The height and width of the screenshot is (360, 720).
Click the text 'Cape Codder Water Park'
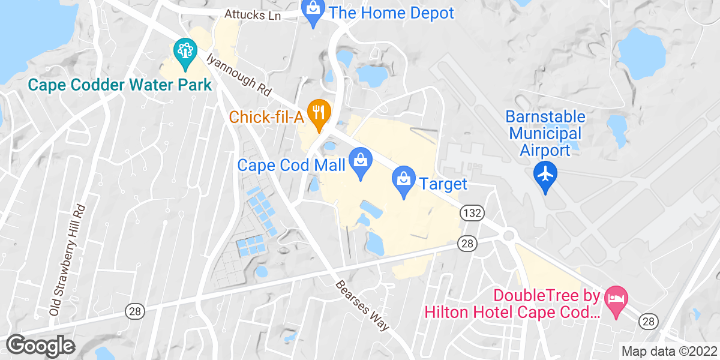(120, 85)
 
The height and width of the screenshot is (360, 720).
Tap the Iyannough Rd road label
(239, 75)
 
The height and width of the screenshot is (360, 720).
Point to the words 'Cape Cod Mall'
(292, 164)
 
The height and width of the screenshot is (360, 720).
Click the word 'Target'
(443, 183)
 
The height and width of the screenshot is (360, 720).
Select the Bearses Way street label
(362, 305)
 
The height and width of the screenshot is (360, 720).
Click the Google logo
(40, 345)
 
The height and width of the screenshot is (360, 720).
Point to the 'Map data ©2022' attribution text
(668, 351)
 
